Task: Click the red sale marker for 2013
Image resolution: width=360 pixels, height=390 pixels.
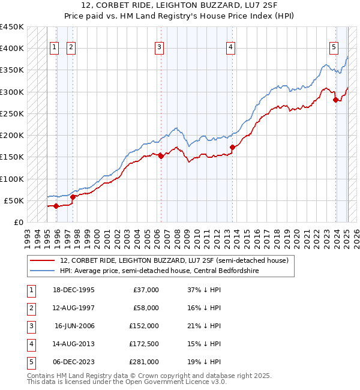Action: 232,146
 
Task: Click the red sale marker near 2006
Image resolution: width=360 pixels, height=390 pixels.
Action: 161,156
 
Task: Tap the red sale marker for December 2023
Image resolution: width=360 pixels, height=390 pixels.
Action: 335,100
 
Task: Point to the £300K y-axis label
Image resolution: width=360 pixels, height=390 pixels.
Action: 12,92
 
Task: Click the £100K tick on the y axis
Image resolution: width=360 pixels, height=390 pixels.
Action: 12,179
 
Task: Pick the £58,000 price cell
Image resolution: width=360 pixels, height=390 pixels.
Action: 145,308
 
